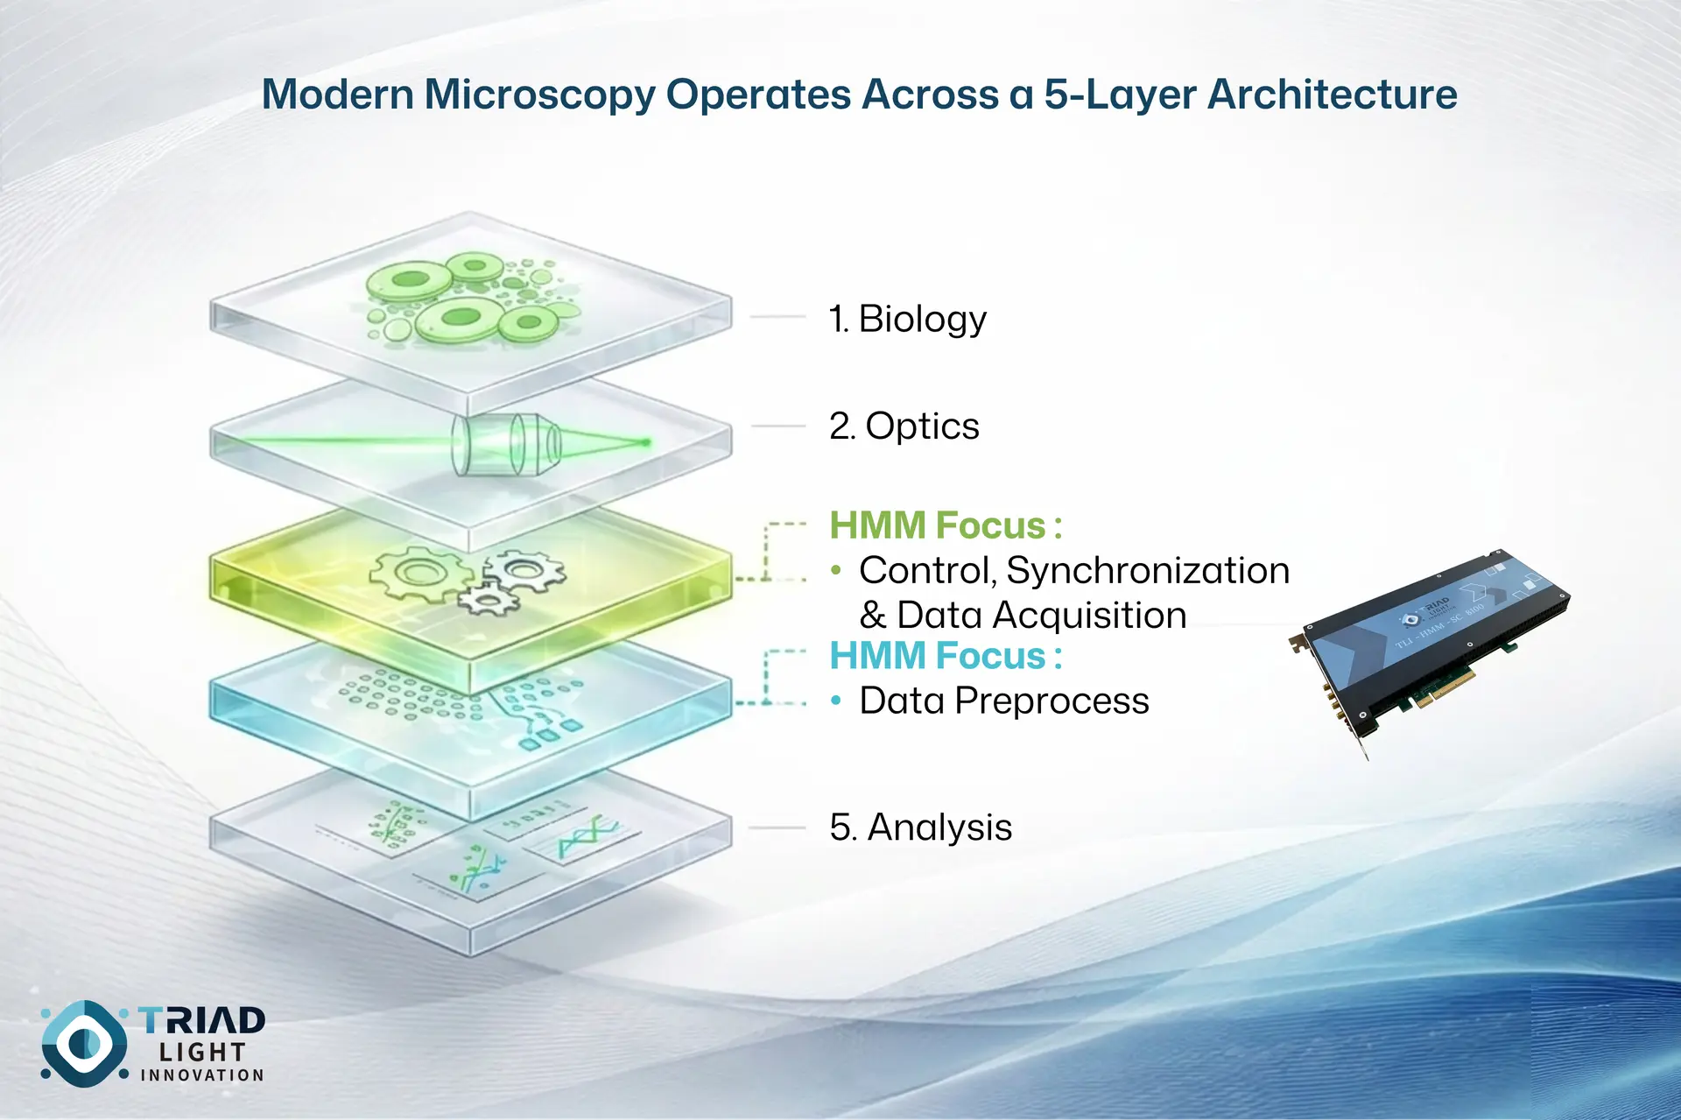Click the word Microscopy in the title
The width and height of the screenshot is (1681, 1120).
pyautogui.click(x=539, y=95)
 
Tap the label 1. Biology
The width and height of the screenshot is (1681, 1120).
pyautogui.click(x=908, y=319)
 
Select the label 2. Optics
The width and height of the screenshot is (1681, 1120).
pyautogui.click(x=904, y=426)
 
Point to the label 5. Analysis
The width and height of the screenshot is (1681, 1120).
pyautogui.click(x=921, y=828)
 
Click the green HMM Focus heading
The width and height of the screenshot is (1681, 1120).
pyautogui.click(x=946, y=525)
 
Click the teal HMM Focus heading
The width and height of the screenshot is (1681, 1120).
pyautogui.click(x=946, y=656)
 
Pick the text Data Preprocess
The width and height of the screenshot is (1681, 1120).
pyautogui.click(x=1004, y=701)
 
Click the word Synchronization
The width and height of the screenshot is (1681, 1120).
pyautogui.click(x=1148, y=571)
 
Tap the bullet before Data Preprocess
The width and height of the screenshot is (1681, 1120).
pyautogui.click(x=836, y=701)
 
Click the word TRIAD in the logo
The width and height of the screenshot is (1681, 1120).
pyautogui.click(x=202, y=1020)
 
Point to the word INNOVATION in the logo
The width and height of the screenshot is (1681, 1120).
pyautogui.click(x=202, y=1075)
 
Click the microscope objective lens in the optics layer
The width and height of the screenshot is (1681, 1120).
pyautogui.click(x=506, y=443)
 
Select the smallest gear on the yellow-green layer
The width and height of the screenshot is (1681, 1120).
pyautogui.click(x=486, y=600)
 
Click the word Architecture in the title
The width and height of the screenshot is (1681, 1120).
pyautogui.click(x=1333, y=95)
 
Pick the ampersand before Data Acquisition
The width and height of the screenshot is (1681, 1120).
pyautogui.click(x=873, y=616)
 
